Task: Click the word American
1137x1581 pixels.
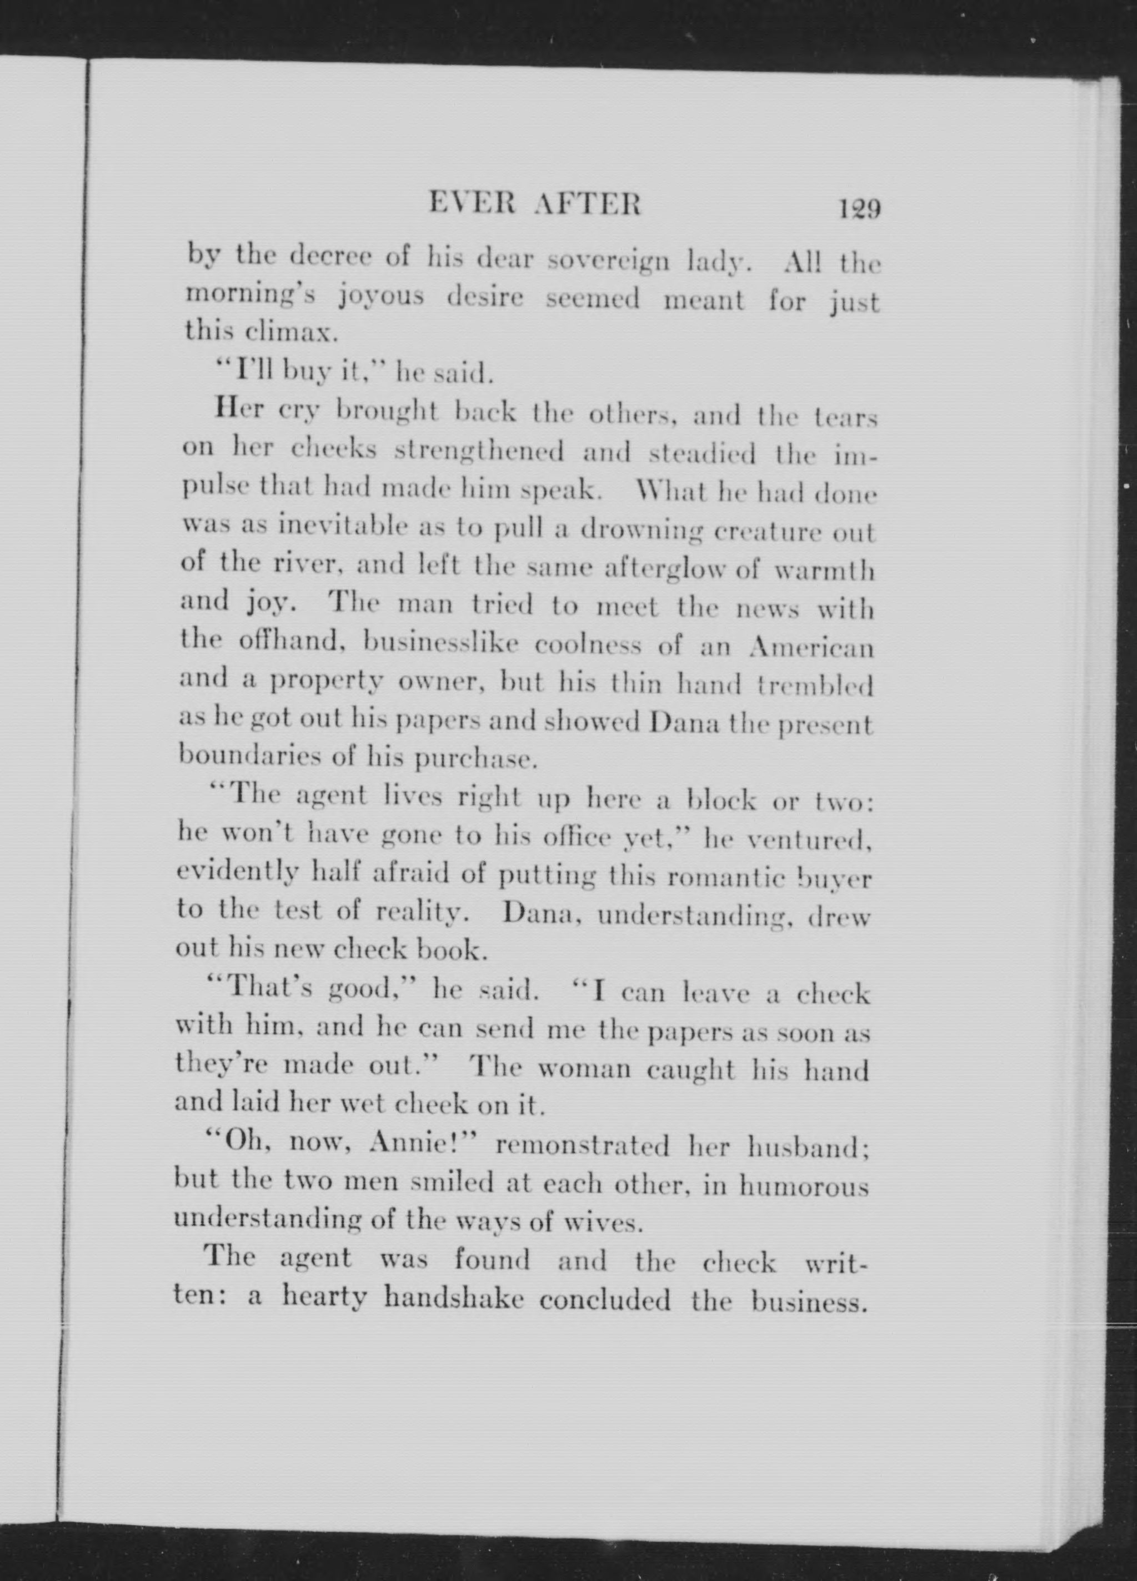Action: (x=810, y=648)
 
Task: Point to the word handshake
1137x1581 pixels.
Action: (x=454, y=1298)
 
